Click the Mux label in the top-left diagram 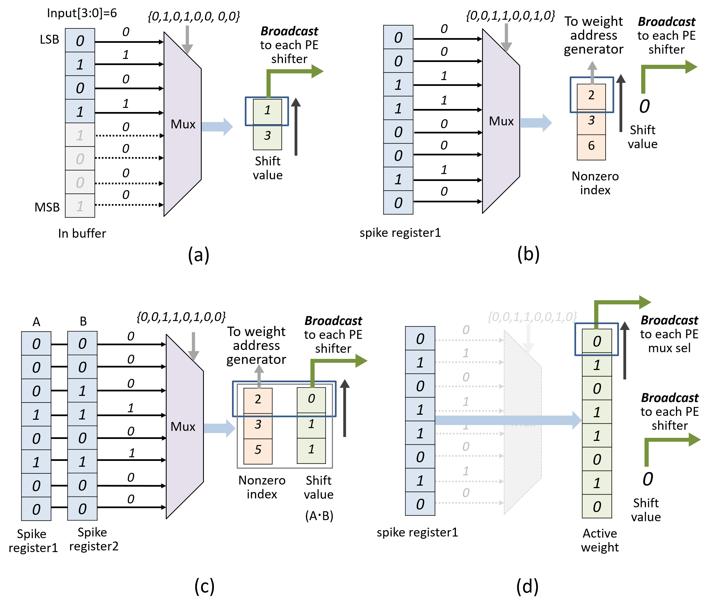pyautogui.click(x=183, y=124)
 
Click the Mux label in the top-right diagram pyautogui.click(x=501, y=121)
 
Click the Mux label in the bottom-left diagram pyautogui.click(x=183, y=426)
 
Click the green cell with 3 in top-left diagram pyautogui.click(x=267, y=136)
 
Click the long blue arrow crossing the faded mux pyautogui.click(x=508, y=420)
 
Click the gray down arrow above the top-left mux pyautogui.click(x=187, y=40)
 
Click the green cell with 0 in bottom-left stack pyautogui.click(x=311, y=399)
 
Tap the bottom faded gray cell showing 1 pyautogui.click(x=80, y=206)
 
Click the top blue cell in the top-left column pyautogui.click(x=80, y=41)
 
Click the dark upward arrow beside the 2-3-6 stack pyautogui.click(x=620, y=103)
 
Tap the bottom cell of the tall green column pyautogui.click(x=597, y=506)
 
